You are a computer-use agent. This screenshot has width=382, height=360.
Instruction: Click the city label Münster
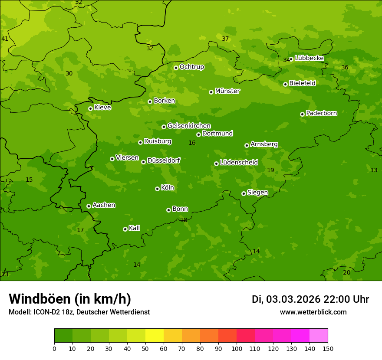click(x=227, y=91)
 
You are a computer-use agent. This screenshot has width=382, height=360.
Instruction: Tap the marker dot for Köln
click(x=157, y=189)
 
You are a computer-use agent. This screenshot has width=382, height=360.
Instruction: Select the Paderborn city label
click(x=321, y=113)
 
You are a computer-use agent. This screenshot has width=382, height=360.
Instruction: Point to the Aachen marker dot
click(x=89, y=206)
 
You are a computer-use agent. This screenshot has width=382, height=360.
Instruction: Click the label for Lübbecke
click(x=309, y=58)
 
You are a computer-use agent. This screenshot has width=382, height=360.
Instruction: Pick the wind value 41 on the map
click(x=5, y=39)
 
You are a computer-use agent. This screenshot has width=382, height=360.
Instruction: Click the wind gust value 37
click(x=225, y=39)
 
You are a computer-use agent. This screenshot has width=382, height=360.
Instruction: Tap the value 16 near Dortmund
click(x=192, y=143)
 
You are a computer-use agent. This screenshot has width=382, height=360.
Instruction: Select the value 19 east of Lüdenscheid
click(x=270, y=170)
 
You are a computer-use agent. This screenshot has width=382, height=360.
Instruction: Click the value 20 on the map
click(x=346, y=273)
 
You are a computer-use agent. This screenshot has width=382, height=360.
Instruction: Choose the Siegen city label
click(x=257, y=193)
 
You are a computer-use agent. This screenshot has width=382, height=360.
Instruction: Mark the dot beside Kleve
click(x=90, y=108)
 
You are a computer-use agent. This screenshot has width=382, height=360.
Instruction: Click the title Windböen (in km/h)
click(x=70, y=299)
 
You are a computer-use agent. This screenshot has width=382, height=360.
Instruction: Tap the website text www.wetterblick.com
click(x=313, y=312)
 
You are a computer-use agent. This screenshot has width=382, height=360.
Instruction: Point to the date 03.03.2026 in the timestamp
click(x=293, y=299)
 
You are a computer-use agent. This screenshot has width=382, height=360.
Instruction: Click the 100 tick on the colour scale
click(x=237, y=349)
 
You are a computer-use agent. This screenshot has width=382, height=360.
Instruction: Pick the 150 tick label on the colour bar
click(x=328, y=349)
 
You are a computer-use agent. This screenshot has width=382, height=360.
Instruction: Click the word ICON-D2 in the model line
click(x=46, y=312)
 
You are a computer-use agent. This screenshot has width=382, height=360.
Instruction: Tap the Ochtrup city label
click(x=191, y=67)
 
